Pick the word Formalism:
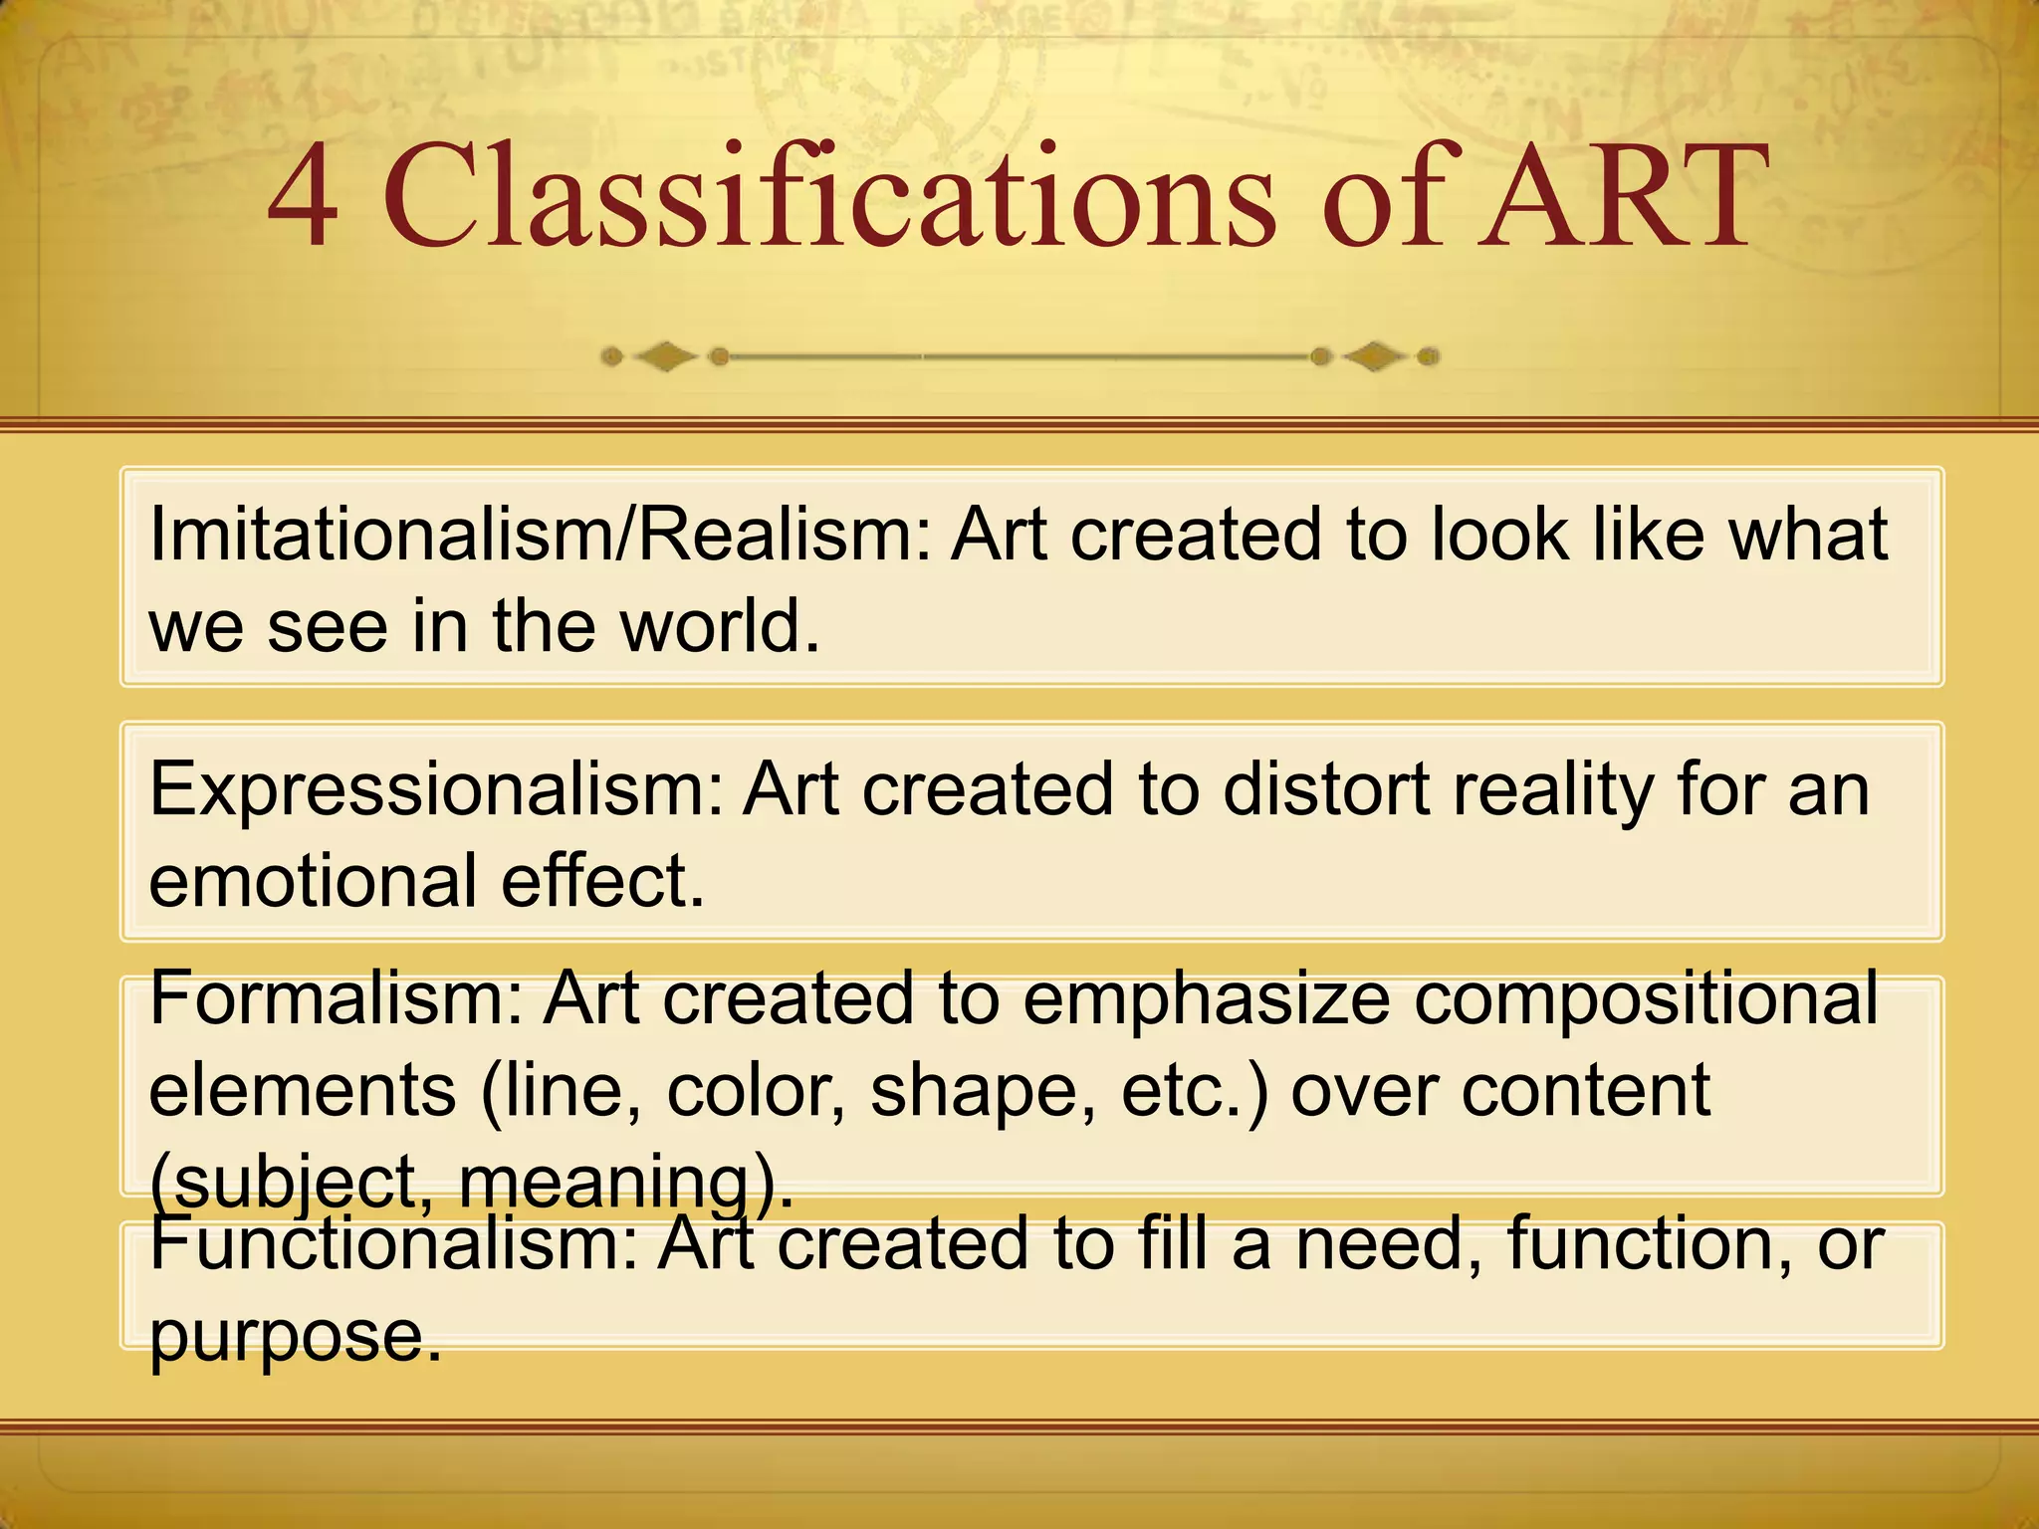[337, 998]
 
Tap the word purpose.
[295, 1337]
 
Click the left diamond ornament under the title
[664, 355]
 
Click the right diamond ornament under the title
[1374, 355]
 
